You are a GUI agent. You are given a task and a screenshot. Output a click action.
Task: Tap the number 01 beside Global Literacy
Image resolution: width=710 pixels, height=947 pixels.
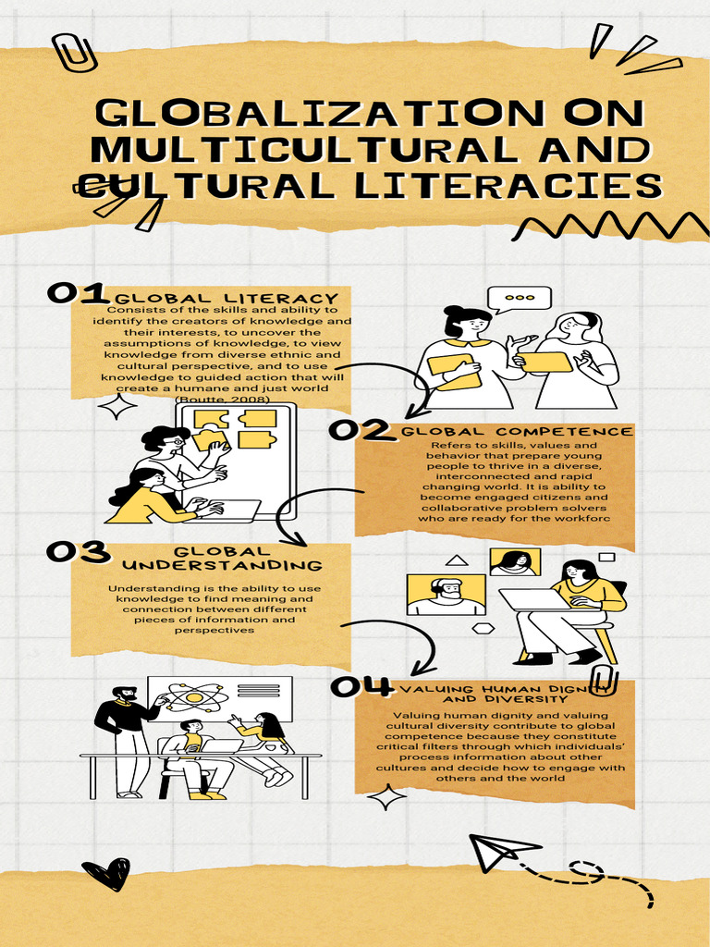77,293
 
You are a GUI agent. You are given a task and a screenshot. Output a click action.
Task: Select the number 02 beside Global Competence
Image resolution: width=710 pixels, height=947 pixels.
360,430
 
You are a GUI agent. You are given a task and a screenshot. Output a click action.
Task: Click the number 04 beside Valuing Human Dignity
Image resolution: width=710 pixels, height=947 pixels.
361,686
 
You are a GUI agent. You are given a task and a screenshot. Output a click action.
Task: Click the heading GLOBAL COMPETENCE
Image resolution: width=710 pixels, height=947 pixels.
518,432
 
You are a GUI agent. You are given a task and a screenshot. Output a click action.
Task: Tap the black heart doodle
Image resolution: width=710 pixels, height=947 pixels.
105,872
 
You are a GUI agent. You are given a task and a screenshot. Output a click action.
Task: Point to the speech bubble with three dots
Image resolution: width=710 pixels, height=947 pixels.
519,300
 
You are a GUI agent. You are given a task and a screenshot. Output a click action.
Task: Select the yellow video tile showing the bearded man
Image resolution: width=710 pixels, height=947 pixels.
447,595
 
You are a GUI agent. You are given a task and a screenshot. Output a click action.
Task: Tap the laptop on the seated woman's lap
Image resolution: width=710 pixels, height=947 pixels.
536,600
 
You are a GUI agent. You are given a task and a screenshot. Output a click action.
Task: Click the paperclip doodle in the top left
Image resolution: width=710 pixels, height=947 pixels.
75,53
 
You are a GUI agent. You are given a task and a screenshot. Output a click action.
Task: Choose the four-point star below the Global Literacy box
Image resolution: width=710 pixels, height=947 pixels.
116,406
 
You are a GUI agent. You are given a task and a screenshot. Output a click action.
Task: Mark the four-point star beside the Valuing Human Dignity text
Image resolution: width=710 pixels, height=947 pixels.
387,796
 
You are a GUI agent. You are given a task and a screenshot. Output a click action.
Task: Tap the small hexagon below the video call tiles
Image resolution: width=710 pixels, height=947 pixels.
484,628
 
